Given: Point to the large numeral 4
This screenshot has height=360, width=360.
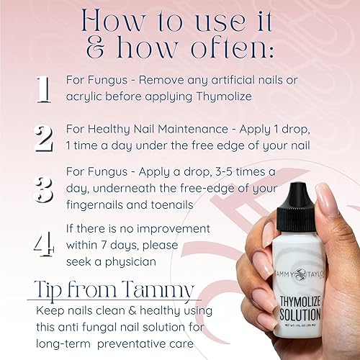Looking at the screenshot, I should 43,243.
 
